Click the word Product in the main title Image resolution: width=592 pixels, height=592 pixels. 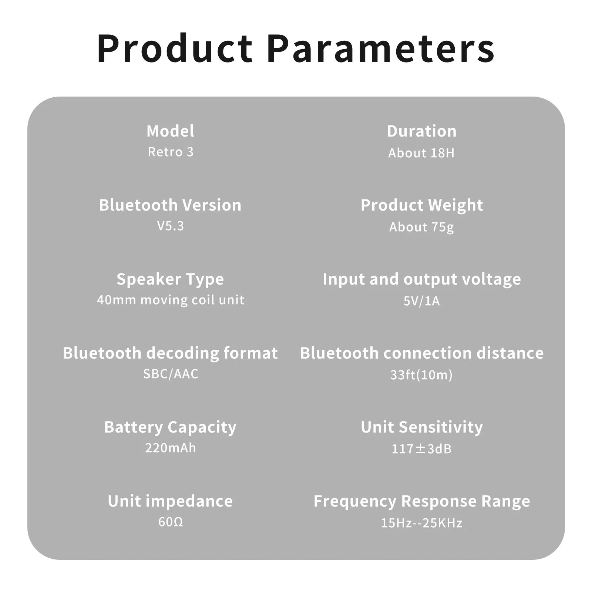175,49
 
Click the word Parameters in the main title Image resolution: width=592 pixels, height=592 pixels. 381,49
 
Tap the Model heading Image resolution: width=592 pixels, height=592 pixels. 170,131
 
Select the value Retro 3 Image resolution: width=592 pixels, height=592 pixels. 171,152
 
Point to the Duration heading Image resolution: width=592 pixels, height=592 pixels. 422,131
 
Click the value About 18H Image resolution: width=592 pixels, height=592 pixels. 421,153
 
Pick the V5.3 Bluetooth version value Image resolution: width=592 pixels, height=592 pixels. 171,226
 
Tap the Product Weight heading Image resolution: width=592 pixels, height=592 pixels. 422,205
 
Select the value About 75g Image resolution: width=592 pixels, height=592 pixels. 421,227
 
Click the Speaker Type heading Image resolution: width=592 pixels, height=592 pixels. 170,279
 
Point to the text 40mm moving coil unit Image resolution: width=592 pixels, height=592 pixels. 171,300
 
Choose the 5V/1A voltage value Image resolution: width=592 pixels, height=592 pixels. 421,301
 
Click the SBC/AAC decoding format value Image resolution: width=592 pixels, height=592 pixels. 171,374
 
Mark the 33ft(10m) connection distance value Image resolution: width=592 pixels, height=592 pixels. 421,375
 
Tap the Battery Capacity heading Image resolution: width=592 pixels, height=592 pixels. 170,427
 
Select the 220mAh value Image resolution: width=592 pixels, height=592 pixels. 171,448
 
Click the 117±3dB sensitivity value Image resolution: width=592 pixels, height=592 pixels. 421,449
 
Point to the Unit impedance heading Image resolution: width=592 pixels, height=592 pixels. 170,501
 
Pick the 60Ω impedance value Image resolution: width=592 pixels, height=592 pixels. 171,522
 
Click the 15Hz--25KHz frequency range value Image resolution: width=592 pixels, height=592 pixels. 421,523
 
